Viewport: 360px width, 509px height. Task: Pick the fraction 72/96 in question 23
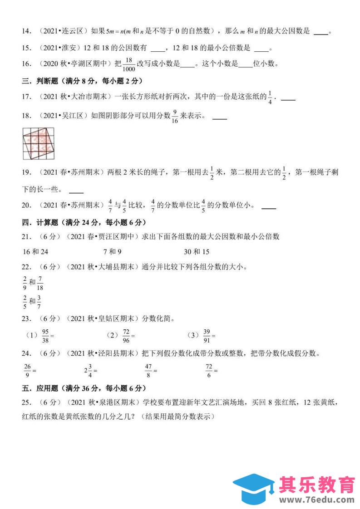[x=126, y=335]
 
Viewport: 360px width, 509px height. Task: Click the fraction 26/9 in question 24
[x=28, y=370]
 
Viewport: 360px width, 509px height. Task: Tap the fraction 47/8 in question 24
[x=148, y=370]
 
